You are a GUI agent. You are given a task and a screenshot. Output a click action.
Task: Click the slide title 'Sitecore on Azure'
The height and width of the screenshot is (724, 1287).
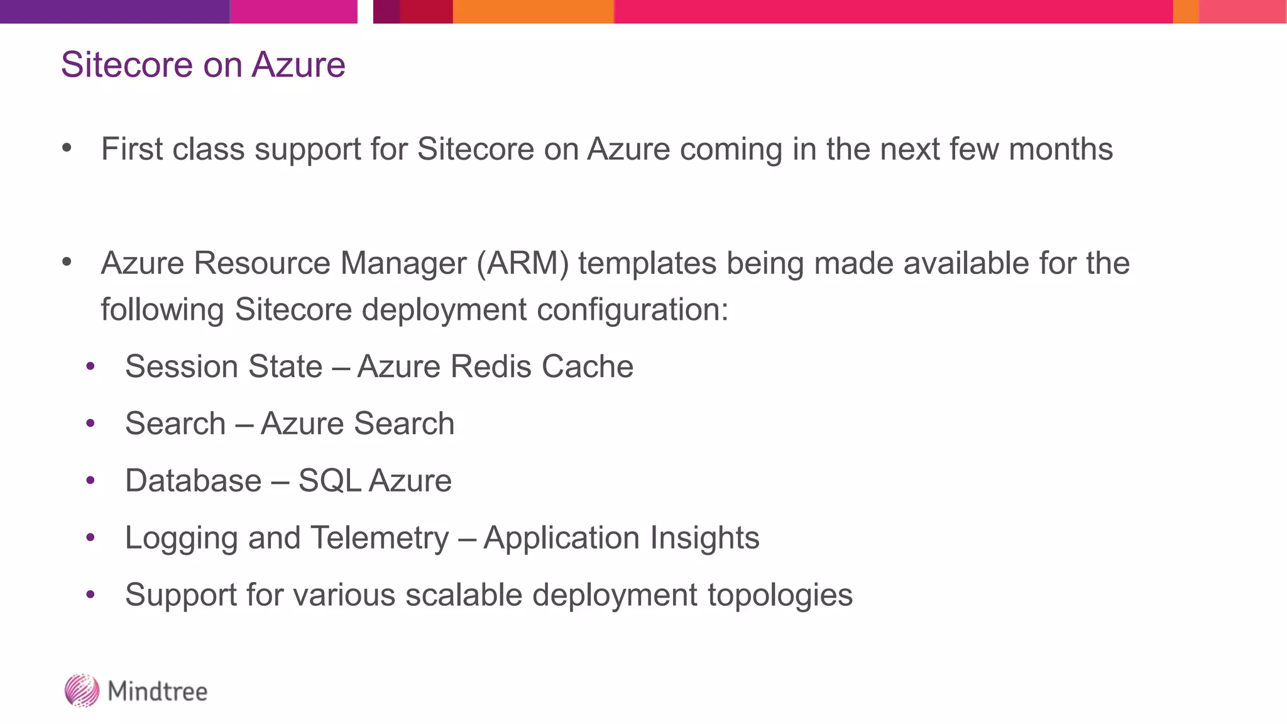tap(203, 65)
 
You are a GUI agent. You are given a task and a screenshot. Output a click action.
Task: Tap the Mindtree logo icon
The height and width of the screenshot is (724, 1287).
tap(82, 691)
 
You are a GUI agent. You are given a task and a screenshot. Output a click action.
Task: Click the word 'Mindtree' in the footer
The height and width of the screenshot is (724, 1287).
tap(158, 691)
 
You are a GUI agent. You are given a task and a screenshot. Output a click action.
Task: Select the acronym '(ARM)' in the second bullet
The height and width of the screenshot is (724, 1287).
tap(523, 263)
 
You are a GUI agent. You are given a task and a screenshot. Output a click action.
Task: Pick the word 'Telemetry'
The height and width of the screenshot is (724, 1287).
tap(380, 538)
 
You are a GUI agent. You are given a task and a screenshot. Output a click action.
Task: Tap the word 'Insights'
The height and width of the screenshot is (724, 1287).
tap(704, 538)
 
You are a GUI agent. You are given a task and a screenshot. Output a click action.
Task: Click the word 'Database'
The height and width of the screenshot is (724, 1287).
tap(194, 481)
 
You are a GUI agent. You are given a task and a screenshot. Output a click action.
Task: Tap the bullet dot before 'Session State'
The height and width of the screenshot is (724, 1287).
tap(90, 366)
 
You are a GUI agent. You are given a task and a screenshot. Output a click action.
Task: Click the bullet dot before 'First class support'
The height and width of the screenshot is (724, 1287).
tap(67, 149)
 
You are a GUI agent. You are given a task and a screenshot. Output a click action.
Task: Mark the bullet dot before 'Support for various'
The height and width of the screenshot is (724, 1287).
tap(90, 595)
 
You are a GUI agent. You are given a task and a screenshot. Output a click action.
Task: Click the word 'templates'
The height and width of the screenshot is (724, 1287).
tap(647, 263)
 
